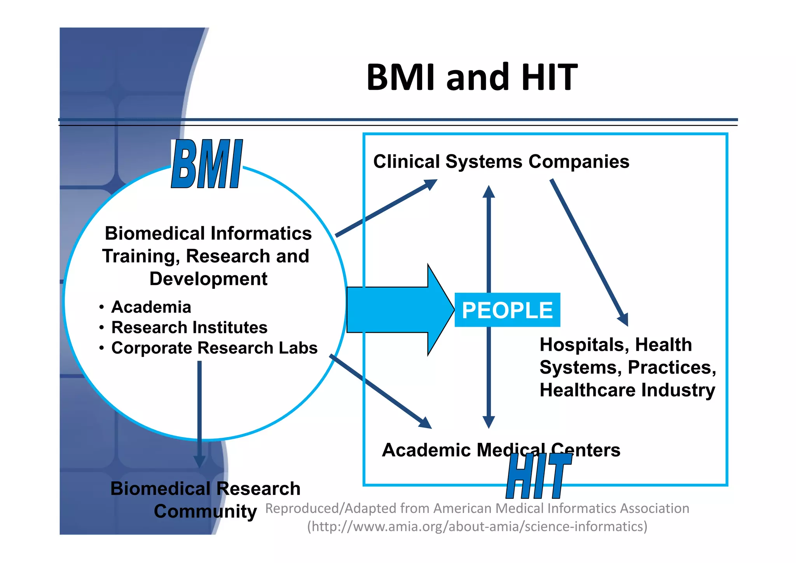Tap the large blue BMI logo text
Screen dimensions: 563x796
tap(207, 164)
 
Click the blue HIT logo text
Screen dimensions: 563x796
tap(539, 476)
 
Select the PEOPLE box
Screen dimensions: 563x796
tap(507, 310)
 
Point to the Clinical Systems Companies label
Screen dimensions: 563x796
tap(501, 161)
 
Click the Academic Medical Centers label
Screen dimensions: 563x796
tap(501, 450)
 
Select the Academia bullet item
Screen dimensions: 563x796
tap(151, 307)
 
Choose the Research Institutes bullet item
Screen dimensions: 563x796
tap(189, 327)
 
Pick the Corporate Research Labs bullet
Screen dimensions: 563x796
tap(214, 348)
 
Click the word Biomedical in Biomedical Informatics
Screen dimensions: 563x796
tap(155, 233)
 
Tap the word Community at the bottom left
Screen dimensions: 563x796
tap(205, 511)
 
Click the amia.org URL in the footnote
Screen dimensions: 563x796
tap(477, 526)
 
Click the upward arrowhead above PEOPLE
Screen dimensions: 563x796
tap(489, 192)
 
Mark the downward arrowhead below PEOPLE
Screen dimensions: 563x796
tap(489, 422)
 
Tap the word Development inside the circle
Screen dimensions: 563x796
tap(208, 279)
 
